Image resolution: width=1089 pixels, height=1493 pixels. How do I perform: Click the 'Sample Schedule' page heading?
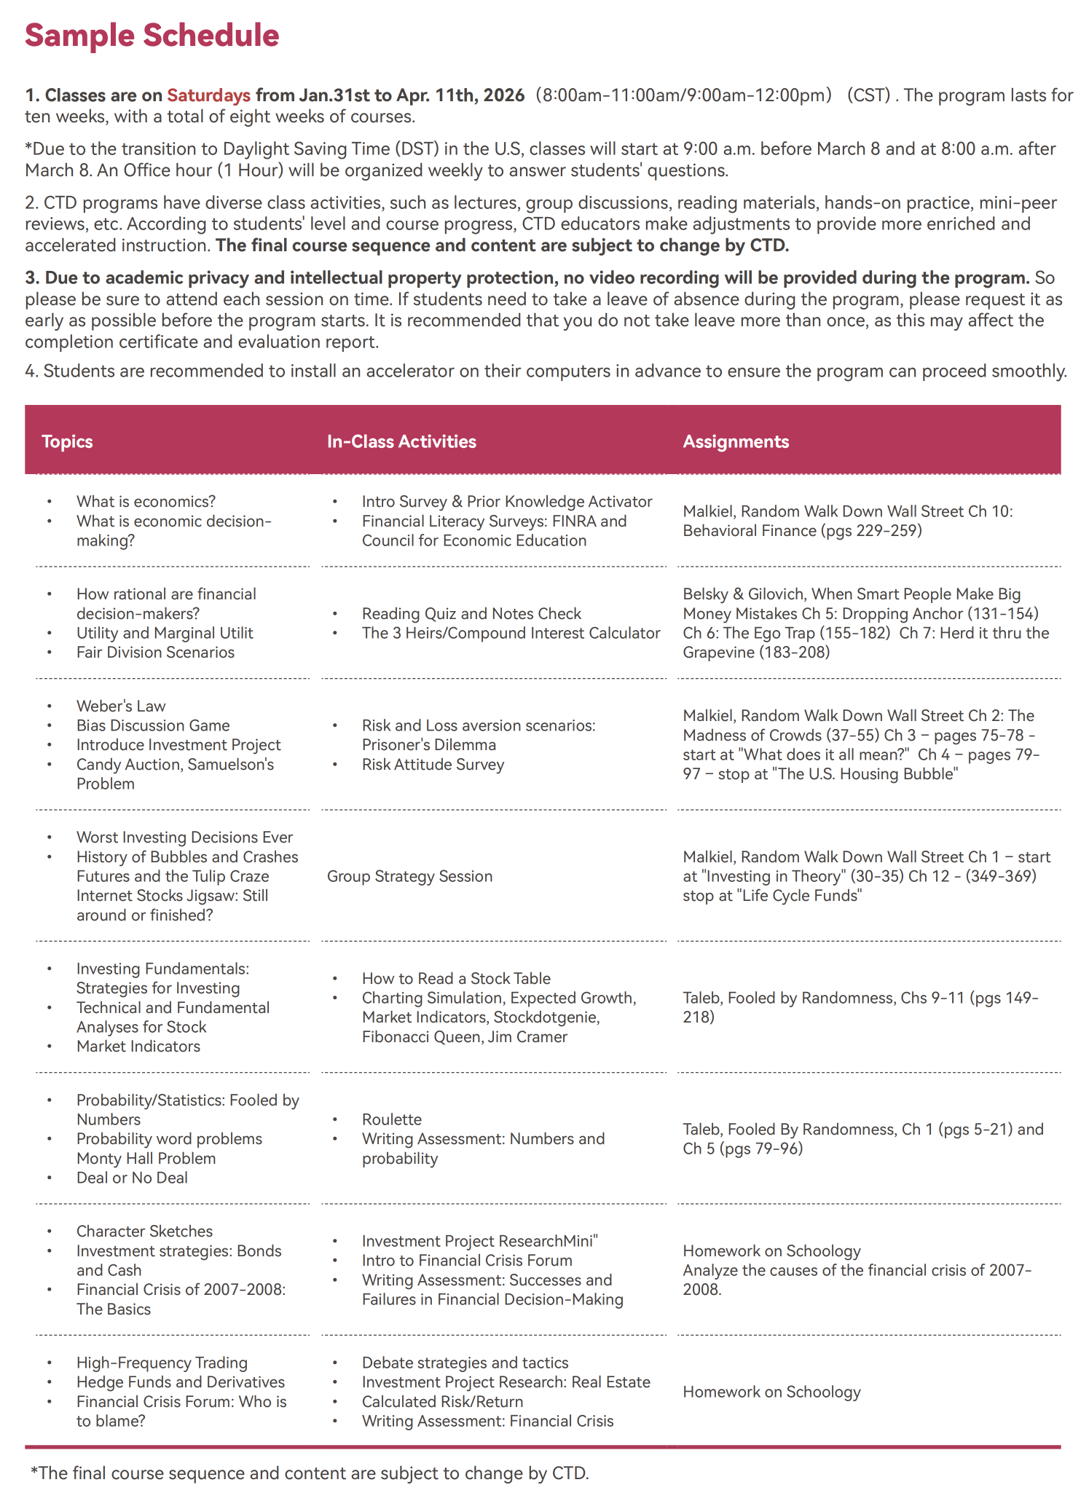point(152,36)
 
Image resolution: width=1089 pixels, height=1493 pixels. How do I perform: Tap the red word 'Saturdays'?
point(209,95)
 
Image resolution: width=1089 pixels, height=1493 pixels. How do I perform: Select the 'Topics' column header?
point(67,441)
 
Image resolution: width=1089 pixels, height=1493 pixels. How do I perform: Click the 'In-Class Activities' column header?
point(401,441)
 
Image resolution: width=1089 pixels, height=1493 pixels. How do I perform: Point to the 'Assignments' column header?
point(736,441)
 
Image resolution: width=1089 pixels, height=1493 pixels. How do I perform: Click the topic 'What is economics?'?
point(146,502)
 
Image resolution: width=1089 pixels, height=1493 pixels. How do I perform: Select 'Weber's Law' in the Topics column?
point(121,706)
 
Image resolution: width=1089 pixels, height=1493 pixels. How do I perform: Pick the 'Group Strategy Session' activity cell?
point(409,876)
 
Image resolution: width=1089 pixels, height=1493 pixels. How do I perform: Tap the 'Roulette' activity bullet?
point(392,1119)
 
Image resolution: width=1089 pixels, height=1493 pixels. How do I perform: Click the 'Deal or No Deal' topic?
point(132,1178)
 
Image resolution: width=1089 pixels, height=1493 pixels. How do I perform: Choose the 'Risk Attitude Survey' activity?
point(433,765)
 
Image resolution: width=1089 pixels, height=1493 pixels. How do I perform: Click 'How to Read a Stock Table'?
point(456,979)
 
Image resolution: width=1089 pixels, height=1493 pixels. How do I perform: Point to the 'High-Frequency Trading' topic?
point(162,1363)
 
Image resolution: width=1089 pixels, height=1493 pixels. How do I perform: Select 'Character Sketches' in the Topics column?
point(144,1232)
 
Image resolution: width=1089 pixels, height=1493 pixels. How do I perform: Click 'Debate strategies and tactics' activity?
point(465,1363)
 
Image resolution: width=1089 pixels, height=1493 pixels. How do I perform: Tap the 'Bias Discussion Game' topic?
point(153,725)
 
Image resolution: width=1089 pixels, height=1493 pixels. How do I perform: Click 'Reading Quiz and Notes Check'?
point(471,614)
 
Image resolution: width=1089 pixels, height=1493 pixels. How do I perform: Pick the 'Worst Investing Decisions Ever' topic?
point(184,838)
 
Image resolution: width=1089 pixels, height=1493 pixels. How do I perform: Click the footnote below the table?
point(310,1473)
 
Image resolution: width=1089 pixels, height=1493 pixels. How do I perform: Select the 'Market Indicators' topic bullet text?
point(138,1047)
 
